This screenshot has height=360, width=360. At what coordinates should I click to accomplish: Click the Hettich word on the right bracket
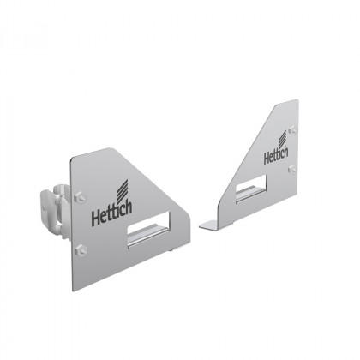click(275, 156)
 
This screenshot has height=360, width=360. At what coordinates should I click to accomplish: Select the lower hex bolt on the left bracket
click(82, 249)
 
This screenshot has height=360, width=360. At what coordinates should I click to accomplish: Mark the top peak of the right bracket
click(294, 101)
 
